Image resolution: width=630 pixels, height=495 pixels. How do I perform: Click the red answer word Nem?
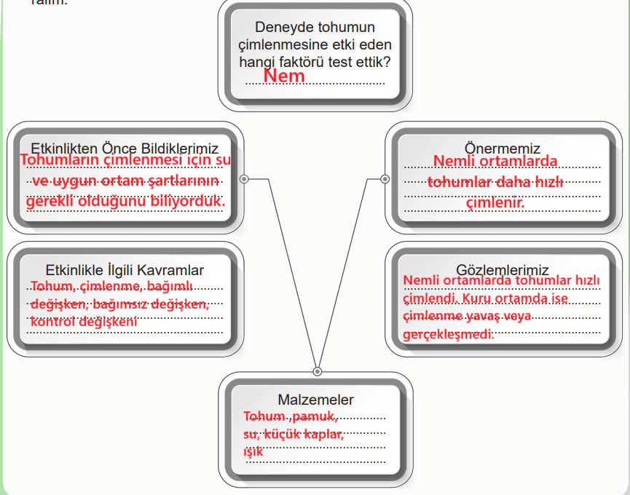(283, 75)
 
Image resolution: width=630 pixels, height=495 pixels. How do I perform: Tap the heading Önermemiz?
(503, 148)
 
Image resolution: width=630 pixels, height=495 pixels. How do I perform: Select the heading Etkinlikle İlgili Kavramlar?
(125, 270)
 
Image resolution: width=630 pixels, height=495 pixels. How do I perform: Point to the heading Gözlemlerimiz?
(503, 270)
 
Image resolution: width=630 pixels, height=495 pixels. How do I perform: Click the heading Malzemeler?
(315, 400)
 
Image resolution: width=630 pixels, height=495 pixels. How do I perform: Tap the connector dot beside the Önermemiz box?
(385, 178)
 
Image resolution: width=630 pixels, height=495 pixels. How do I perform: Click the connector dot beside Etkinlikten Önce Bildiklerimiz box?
(244, 178)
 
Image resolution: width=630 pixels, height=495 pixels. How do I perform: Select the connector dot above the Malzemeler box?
(317, 371)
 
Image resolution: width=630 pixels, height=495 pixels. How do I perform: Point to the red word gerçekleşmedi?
(448, 334)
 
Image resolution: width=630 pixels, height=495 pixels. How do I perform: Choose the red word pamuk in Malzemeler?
(315, 417)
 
